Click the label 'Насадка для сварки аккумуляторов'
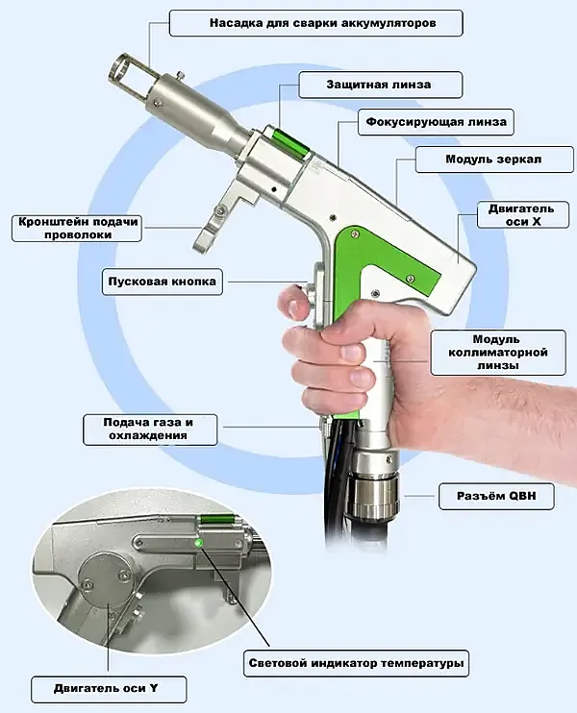tap(315, 23)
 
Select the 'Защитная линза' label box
tap(381, 85)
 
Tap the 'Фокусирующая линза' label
tap(436, 122)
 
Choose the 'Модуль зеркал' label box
tap(494, 160)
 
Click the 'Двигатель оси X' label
tap(523, 215)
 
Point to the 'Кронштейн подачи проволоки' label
tap(76, 229)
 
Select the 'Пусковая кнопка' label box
tap(162, 282)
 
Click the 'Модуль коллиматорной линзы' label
tap(498, 353)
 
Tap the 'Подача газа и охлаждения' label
tap(150, 430)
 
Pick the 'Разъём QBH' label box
tap(496, 496)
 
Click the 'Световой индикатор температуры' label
tap(357, 663)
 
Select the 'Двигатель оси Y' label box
tap(109, 688)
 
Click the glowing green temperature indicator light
tap(198, 543)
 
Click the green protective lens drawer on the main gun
tap(290, 142)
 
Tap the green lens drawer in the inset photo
tap(217, 519)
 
